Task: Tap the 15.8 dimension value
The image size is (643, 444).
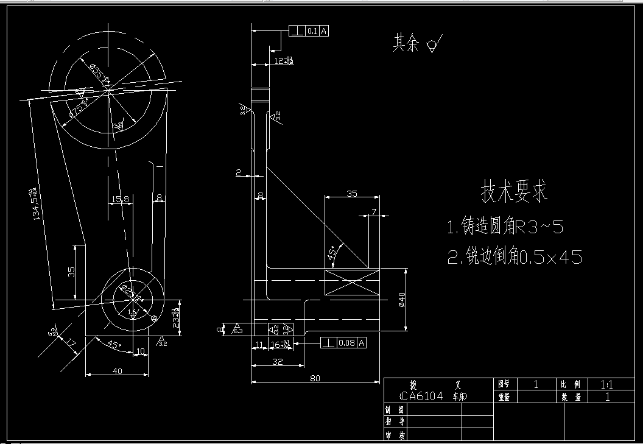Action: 121,199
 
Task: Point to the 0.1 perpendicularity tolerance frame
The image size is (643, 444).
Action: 309,30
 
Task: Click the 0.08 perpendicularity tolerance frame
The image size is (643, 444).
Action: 345,343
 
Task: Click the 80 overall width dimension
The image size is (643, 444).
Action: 315,378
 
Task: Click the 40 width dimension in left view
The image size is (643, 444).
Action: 117,370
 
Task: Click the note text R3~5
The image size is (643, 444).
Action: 539,228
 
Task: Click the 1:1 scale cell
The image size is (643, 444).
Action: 606,384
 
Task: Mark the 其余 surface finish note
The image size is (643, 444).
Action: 406,43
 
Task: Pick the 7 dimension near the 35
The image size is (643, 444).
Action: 374,211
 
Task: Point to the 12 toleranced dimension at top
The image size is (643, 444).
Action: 283,61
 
